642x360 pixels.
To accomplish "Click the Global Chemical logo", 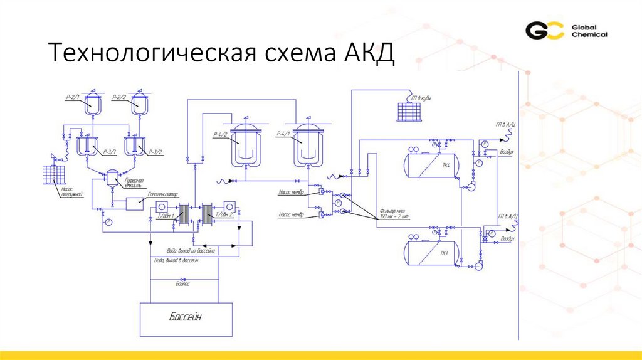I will coord(566,31).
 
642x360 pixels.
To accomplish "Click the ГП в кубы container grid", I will coord(410,112).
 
